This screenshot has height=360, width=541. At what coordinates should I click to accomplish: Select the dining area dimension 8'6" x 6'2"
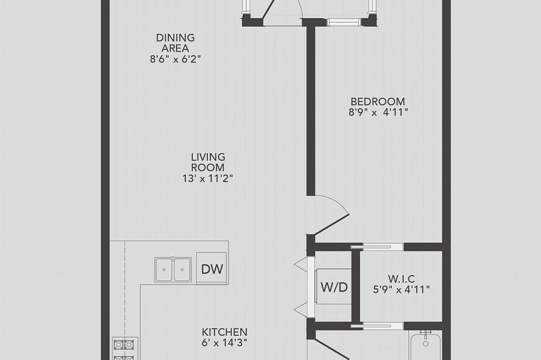[x=175, y=59]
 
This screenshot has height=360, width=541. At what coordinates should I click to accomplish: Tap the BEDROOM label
[x=378, y=102]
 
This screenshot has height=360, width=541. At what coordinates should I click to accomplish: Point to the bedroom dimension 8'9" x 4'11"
[x=378, y=112]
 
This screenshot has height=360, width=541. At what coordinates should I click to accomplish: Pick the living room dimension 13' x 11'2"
[x=208, y=178]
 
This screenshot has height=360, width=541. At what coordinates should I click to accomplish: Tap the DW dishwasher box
[x=212, y=269]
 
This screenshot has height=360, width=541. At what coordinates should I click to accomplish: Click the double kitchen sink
[x=173, y=270]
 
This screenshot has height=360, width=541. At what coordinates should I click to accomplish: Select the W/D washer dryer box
[x=334, y=287]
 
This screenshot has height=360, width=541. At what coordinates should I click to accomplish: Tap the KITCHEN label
[x=224, y=331]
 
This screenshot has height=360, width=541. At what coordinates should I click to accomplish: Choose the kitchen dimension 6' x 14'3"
[x=224, y=342]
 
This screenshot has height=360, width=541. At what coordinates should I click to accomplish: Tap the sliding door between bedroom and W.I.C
[x=372, y=247]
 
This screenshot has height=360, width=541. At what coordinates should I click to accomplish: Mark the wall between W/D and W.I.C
[x=356, y=285]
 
